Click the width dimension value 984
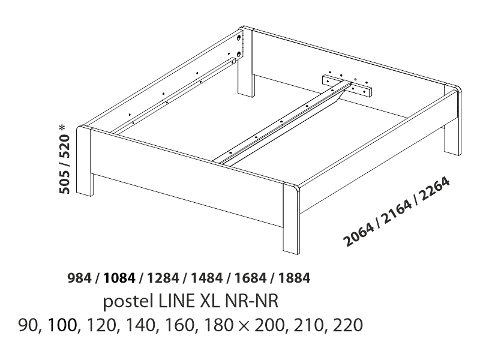[79, 278]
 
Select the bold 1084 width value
[119, 278]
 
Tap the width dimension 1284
[163, 278]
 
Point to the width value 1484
[206, 278]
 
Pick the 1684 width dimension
[250, 278]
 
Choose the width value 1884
[294, 278]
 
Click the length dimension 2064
[359, 235]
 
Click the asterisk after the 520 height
[62, 128]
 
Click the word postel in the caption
[128, 301]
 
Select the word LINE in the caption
[176, 301]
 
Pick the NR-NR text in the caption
[251, 301]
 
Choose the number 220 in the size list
[347, 325]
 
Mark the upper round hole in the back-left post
[238, 38]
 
